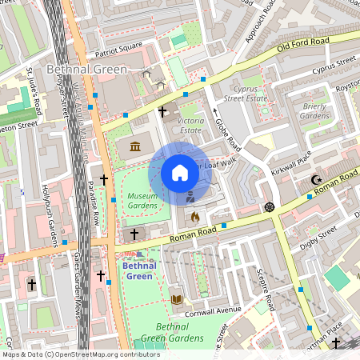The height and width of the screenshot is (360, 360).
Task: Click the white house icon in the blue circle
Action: [180, 173]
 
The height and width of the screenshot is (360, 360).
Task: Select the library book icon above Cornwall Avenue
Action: [177, 299]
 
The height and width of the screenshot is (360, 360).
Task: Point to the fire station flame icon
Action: [194, 216]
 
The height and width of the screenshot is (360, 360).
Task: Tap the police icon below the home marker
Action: [190, 197]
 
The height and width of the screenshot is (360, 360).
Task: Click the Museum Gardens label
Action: [142, 201]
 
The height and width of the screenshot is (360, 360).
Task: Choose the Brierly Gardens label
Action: [315, 110]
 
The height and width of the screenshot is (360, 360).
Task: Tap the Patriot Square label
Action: [118, 45]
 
